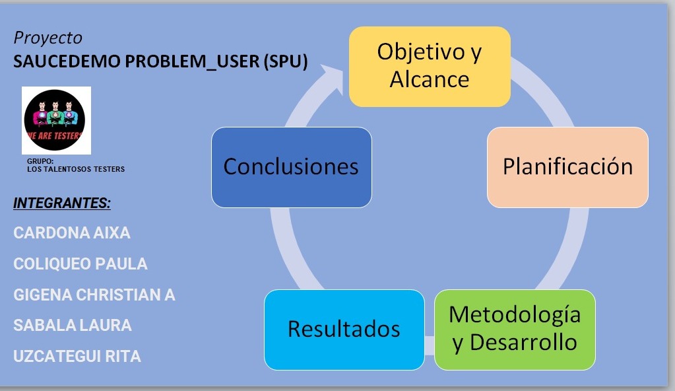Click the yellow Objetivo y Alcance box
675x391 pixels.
pyautogui.click(x=430, y=67)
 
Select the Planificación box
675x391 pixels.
pyautogui.click(x=567, y=167)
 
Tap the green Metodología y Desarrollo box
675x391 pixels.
pyautogui.click(x=515, y=330)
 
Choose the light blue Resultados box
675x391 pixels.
pyautogui.click(x=344, y=330)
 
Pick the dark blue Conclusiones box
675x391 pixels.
pyautogui.click(x=292, y=167)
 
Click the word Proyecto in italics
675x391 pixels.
pyautogui.click(x=48, y=38)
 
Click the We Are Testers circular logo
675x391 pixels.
pyautogui.click(x=55, y=120)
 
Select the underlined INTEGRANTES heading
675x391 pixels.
pyautogui.click(x=62, y=203)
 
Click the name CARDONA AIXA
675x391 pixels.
pyautogui.click(x=72, y=232)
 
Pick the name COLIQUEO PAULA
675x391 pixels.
pyautogui.click(x=80, y=264)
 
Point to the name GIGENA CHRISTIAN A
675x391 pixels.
pyautogui.click(x=94, y=295)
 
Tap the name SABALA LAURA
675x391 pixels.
pyautogui.click(x=73, y=326)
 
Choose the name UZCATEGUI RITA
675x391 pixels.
pyautogui.click(x=77, y=357)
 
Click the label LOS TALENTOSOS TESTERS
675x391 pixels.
pyautogui.click(x=76, y=170)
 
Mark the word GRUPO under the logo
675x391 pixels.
pyautogui.click(x=40, y=161)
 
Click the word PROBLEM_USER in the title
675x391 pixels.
pyautogui.click(x=192, y=62)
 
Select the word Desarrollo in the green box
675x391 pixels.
pyautogui.click(x=523, y=343)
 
